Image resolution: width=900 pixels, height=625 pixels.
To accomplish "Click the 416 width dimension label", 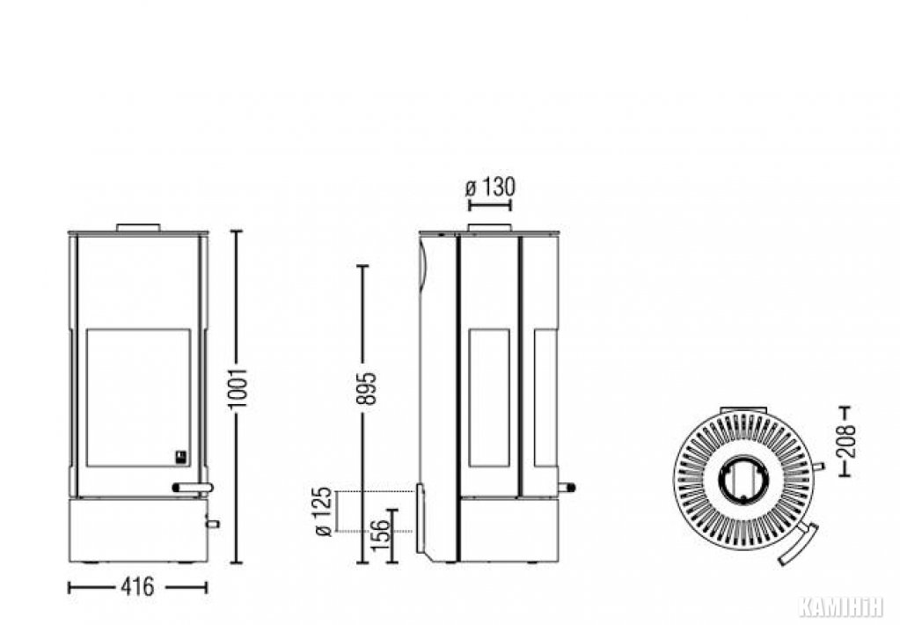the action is [x=138, y=586].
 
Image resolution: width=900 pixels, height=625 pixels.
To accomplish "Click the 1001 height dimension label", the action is [x=238, y=389].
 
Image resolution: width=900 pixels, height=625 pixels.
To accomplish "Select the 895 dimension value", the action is [x=367, y=388].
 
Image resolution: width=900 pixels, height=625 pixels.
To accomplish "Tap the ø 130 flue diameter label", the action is [x=490, y=187].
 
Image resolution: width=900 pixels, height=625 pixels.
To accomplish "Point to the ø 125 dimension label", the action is [x=325, y=511].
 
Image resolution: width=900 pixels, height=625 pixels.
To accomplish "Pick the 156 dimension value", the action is [x=381, y=535].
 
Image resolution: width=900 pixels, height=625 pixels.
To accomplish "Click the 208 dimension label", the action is [x=845, y=441].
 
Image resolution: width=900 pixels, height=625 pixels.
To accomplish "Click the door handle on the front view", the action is [x=193, y=488].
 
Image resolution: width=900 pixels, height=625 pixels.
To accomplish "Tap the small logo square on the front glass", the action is [x=181, y=457].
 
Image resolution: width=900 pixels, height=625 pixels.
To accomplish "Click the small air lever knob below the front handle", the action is [x=213, y=523].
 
